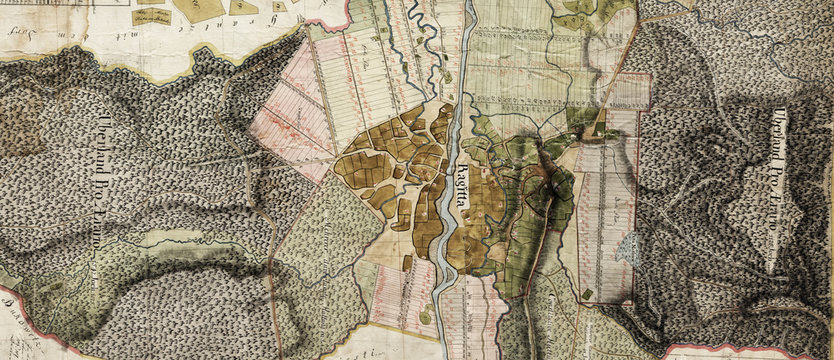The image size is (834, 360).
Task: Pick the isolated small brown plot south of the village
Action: (x=408, y=263)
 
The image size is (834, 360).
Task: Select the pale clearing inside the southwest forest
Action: (x=165, y=239)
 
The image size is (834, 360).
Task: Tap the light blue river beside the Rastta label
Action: (x=446, y=200)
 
